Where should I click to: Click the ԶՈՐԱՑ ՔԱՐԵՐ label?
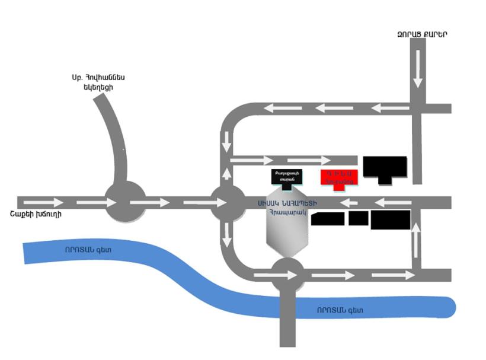(422, 34)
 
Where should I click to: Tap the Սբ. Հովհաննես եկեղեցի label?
(98, 82)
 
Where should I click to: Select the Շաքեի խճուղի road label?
(36, 215)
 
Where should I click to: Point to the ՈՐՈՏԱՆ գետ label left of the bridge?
(88, 250)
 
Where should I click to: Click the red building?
(339, 177)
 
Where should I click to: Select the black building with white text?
(287, 177)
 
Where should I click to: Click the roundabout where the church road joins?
(125, 202)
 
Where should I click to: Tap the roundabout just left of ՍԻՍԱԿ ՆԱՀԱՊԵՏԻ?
(227, 202)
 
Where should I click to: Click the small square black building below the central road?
(358, 218)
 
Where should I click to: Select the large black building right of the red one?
(385, 168)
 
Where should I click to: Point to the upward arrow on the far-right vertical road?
(416, 240)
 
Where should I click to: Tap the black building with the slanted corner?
(328, 219)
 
